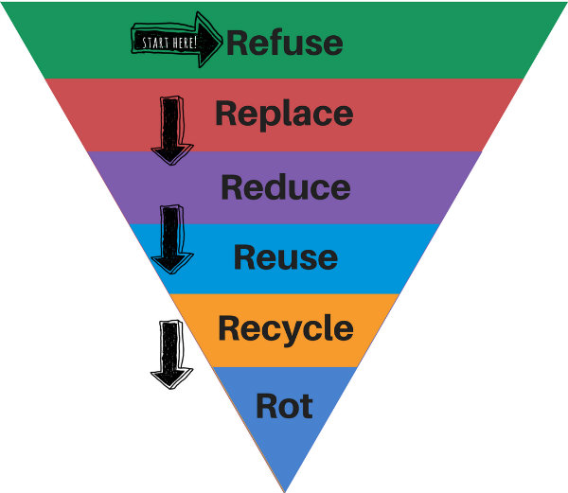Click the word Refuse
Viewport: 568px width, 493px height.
[284, 43]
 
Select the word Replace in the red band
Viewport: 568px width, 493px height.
[284, 114]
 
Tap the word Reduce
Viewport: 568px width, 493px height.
[285, 186]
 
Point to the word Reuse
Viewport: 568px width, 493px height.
[285, 257]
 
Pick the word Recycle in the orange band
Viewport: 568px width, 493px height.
[285, 328]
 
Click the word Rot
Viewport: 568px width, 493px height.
[284, 406]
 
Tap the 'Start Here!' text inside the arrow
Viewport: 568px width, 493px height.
[169, 43]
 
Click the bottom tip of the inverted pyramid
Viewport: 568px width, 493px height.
[284, 489]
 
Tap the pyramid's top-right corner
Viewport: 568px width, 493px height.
[564, 4]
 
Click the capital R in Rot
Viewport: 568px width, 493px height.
[266, 406]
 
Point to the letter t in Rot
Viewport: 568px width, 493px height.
[304, 406]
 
